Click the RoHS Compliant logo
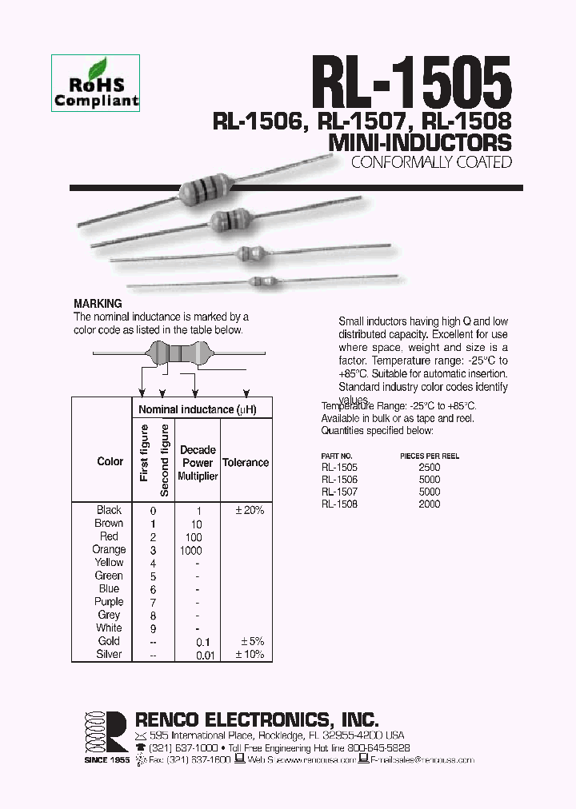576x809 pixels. pos(95,82)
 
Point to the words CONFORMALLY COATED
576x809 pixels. pos(431,163)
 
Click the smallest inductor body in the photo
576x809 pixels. pos(266,281)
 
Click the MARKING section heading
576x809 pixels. pos(98,304)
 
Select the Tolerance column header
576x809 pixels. pos(246,462)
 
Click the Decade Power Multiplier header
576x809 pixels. pos(198,462)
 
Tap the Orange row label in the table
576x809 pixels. pos(109,549)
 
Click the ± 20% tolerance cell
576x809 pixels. pos(248,510)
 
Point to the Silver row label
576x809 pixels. pos(109,654)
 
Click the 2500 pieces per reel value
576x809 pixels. pos(430,467)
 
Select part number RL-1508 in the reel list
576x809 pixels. pos(339,504)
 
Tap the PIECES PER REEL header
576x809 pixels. pos(430,456)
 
